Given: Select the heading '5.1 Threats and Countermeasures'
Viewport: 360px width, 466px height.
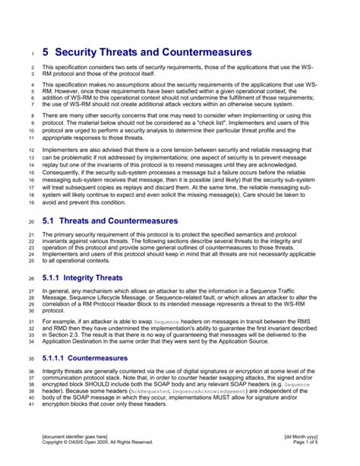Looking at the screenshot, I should [110, 221].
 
